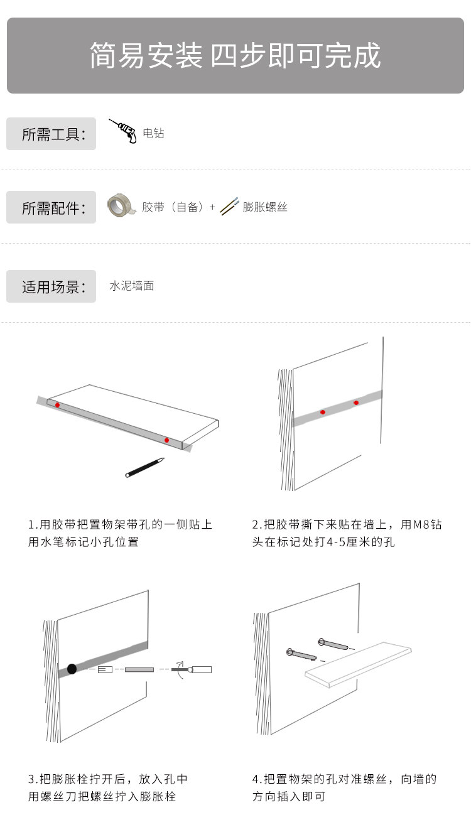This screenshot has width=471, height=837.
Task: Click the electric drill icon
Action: click(x=123, y=131)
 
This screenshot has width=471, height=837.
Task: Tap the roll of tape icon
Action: click(x=121, y=205)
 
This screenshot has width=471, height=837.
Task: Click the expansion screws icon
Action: click(x=229, y=206)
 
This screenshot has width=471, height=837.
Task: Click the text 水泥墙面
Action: click(x=132, y=286)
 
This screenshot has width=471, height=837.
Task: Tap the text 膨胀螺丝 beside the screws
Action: click(x=265, y=207)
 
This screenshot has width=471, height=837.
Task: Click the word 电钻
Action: click(x=154, y=133)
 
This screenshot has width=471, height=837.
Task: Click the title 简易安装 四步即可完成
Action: click(x=235, y=55)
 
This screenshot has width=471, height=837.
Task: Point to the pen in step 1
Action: click(x=144, y=467)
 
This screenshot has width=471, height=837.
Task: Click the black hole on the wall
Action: click(x=72, y=669)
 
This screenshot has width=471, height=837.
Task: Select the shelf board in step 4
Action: click(x=358, y=665)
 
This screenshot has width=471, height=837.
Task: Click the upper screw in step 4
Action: click(x=335, y=645)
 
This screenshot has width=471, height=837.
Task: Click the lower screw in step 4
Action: click(x=301, y=655)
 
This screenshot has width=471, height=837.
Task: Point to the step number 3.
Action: click(x=31, y=779)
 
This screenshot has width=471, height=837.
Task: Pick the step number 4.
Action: click(x=256, y=779)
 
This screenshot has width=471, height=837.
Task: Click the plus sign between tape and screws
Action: click(x=212, y=207)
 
